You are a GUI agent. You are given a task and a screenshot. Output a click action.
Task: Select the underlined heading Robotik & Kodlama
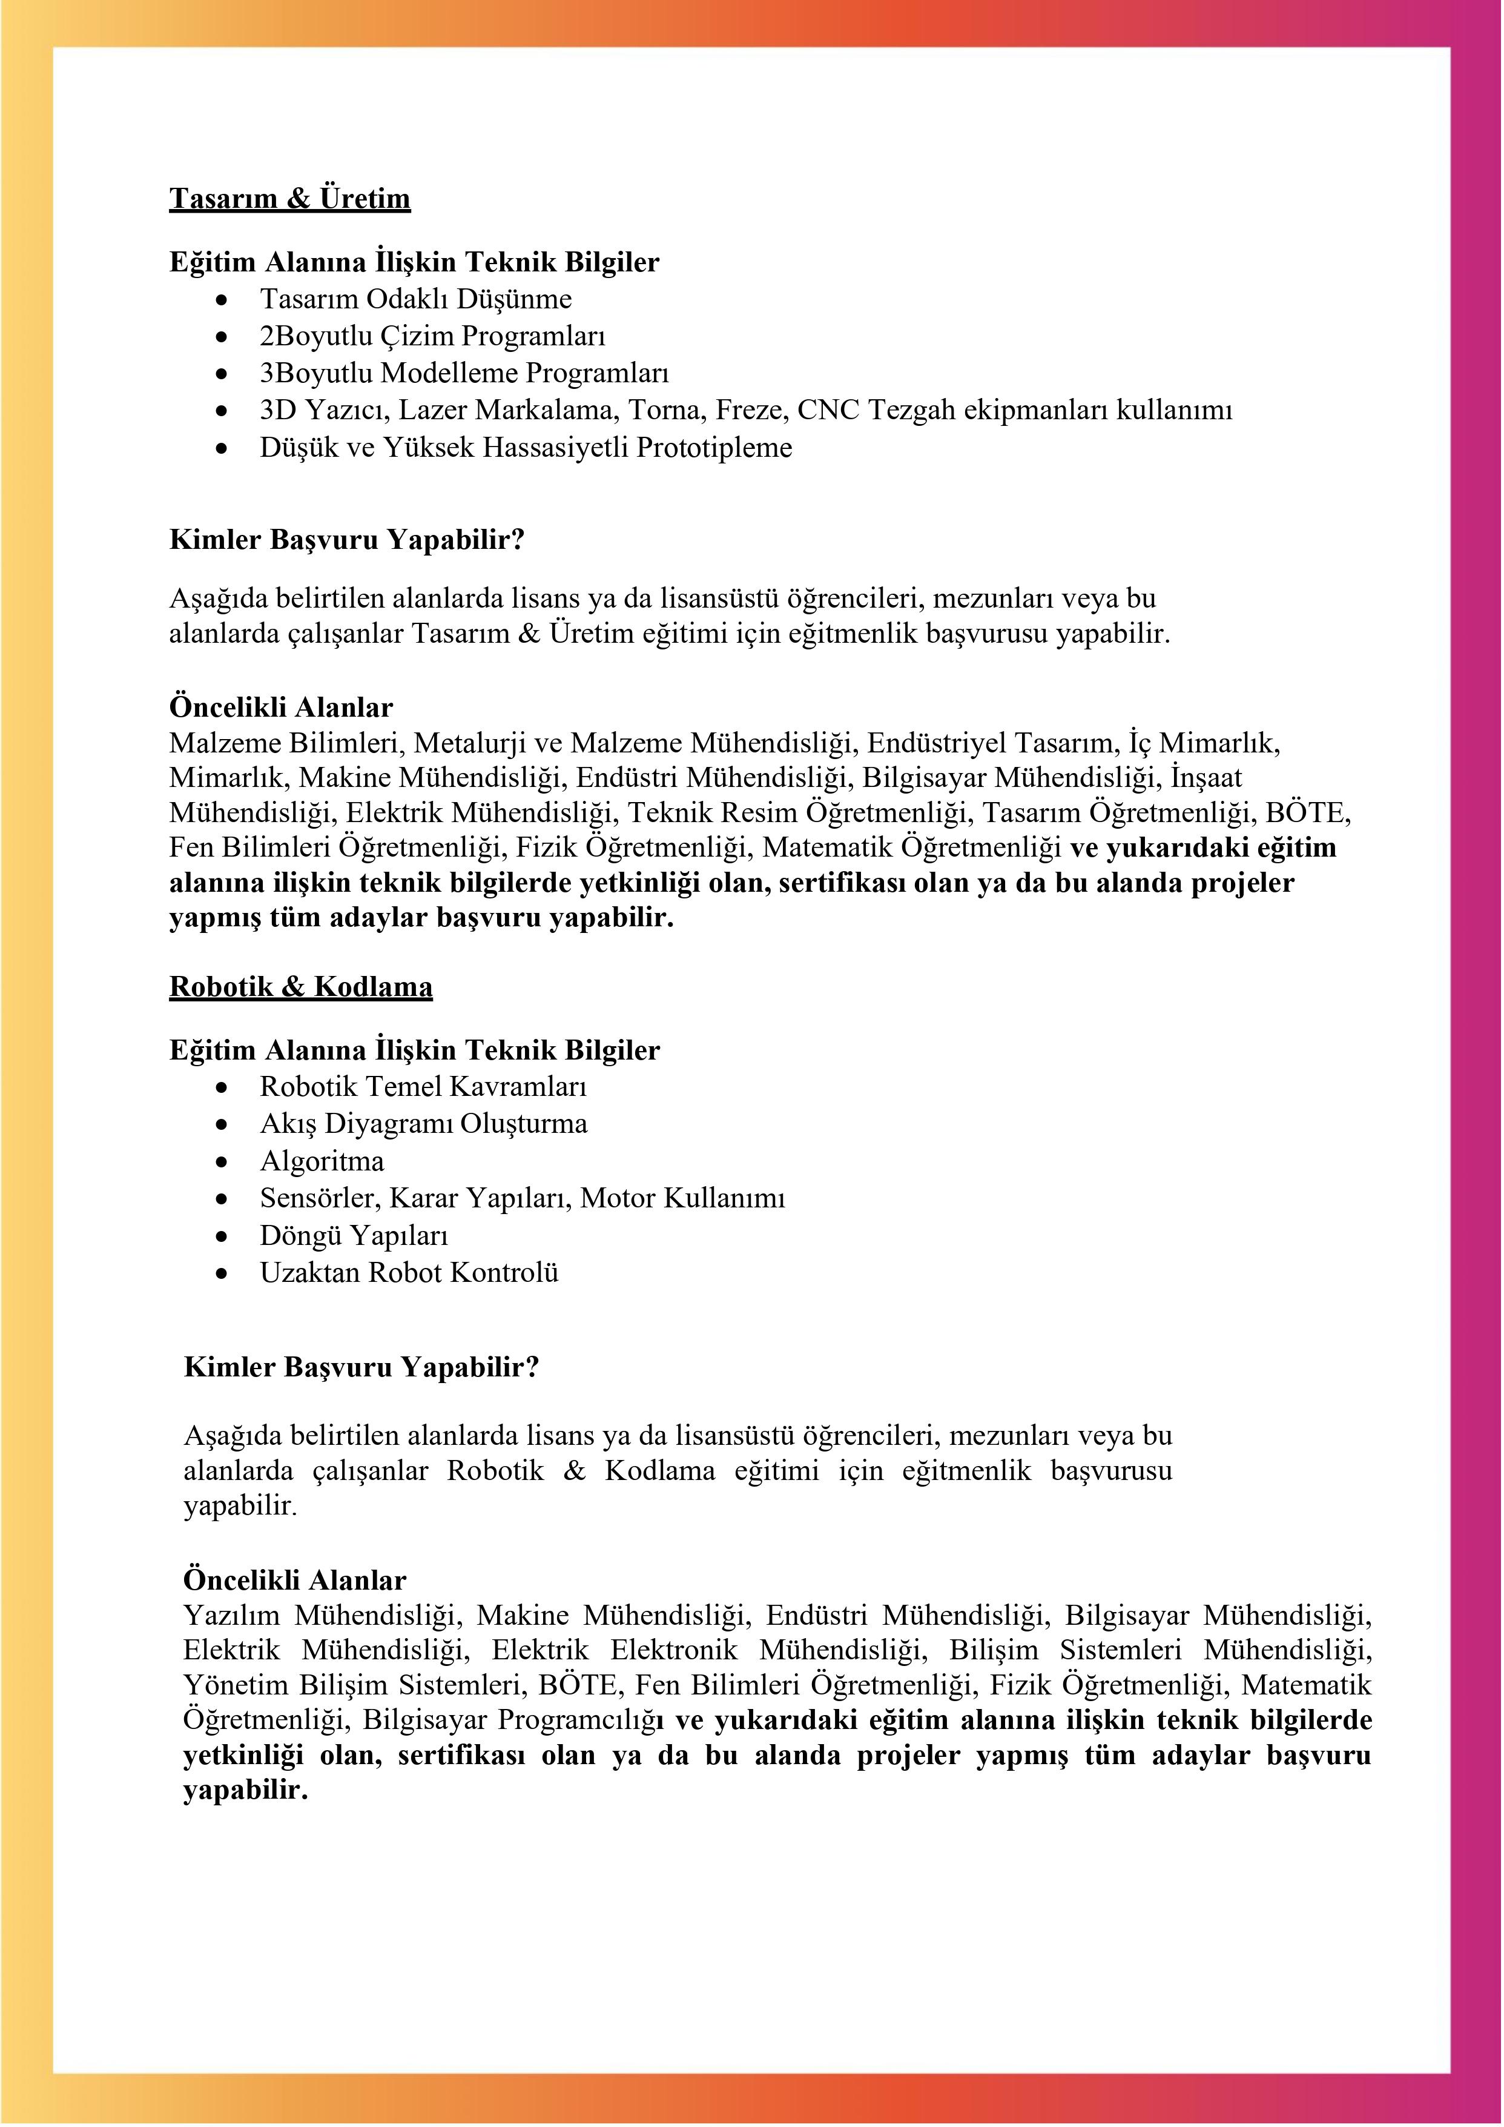click(300, 987)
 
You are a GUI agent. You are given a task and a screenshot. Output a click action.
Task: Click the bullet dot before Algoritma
click(222, 1162)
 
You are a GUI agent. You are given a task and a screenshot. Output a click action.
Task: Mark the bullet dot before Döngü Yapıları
click(222, 1236)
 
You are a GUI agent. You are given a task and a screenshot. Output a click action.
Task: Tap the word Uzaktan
click(310, 1273)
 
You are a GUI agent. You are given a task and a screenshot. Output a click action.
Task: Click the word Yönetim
click(236, 1685)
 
